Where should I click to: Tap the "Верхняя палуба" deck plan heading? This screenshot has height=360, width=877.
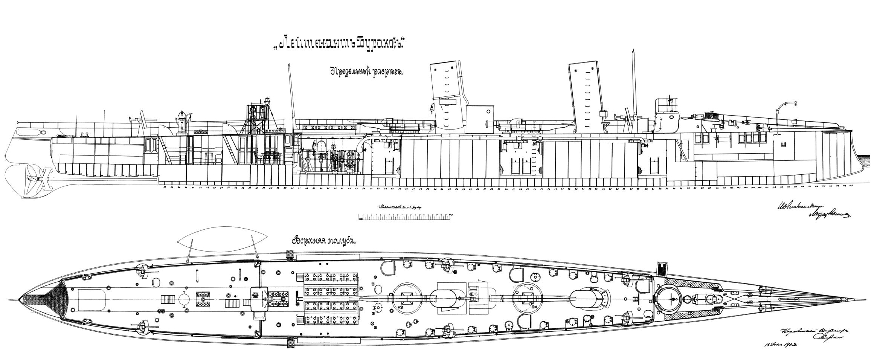tap(323, 241)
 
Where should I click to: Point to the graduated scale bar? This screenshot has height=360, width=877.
tap(406, 217)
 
